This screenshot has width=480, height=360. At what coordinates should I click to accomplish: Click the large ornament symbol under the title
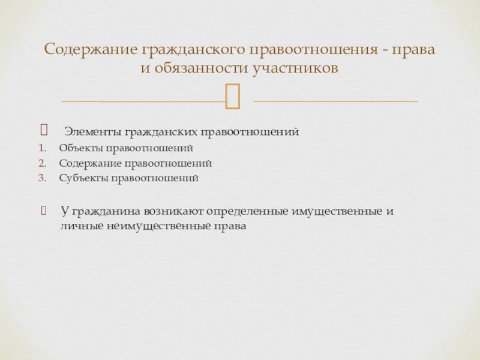click(x=233, y=97)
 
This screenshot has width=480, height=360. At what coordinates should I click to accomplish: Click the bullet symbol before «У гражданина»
click(x=43, y=211)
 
